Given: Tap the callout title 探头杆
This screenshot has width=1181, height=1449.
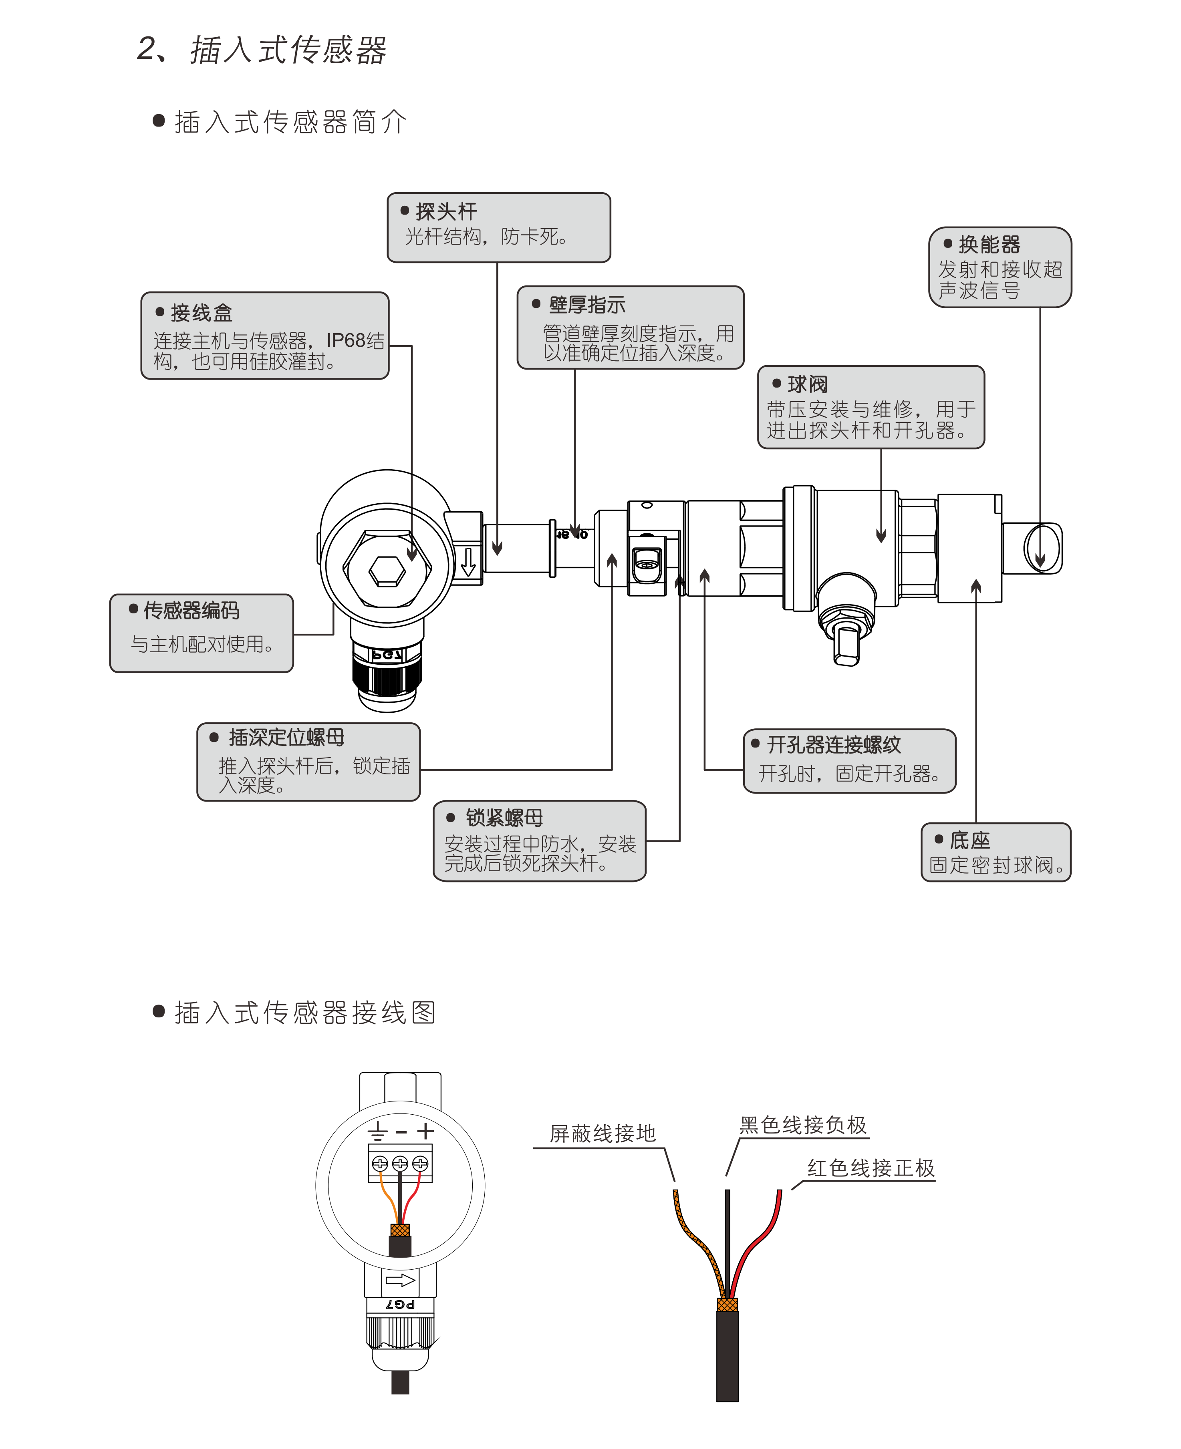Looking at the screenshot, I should [x=446, y=211].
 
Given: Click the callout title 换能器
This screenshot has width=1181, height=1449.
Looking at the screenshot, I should [x=989, y=244].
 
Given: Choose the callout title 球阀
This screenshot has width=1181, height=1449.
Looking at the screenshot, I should [x=808, y=385].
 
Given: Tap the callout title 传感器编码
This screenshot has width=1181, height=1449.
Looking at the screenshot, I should [x=191, y=611].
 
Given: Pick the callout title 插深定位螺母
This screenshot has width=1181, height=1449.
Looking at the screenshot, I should [x=286, y=737].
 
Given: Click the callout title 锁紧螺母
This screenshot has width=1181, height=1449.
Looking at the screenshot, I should [x=504, y=817].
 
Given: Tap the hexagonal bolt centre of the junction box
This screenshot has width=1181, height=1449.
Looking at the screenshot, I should [x=387, y=570].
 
